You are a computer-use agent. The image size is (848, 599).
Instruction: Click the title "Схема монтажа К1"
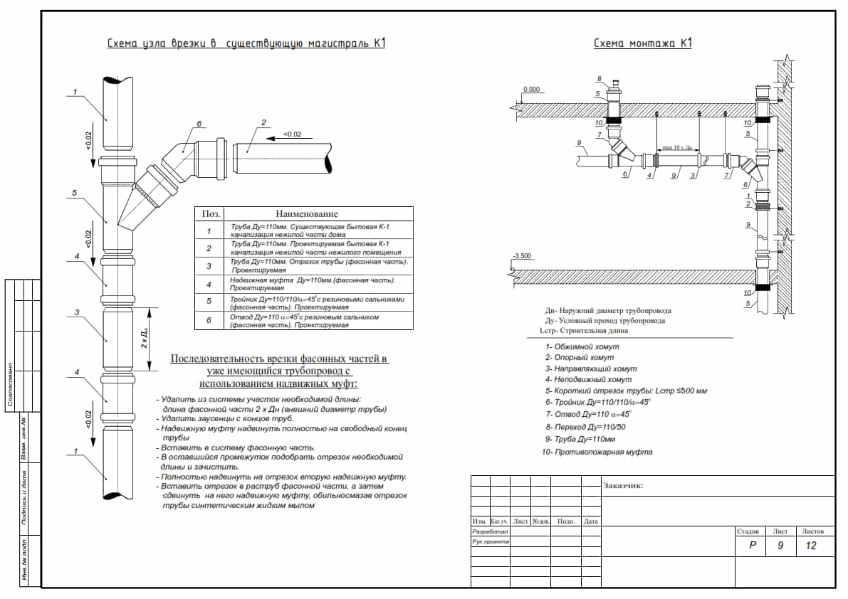point(643,44)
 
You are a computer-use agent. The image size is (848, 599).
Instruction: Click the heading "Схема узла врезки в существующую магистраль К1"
point(246,44)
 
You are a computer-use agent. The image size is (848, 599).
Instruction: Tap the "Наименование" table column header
point(307,213)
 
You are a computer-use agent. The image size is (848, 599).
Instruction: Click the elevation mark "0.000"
point(531,90)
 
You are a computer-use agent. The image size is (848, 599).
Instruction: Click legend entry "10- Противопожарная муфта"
point(597,452)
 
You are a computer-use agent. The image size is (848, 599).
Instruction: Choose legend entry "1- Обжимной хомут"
point(582,346)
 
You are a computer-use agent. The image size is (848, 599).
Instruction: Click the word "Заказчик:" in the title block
point(623,486)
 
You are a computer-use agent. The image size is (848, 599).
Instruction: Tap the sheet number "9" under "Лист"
point(780,546)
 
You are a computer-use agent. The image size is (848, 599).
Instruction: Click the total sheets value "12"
point(811,546)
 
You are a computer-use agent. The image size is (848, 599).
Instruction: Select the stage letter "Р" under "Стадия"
point(752,546)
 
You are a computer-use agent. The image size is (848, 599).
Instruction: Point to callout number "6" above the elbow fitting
point(199,124)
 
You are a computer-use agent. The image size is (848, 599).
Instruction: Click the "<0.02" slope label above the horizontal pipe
point(292,134)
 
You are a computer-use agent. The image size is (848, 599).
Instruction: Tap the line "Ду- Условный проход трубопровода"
point(605,321)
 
